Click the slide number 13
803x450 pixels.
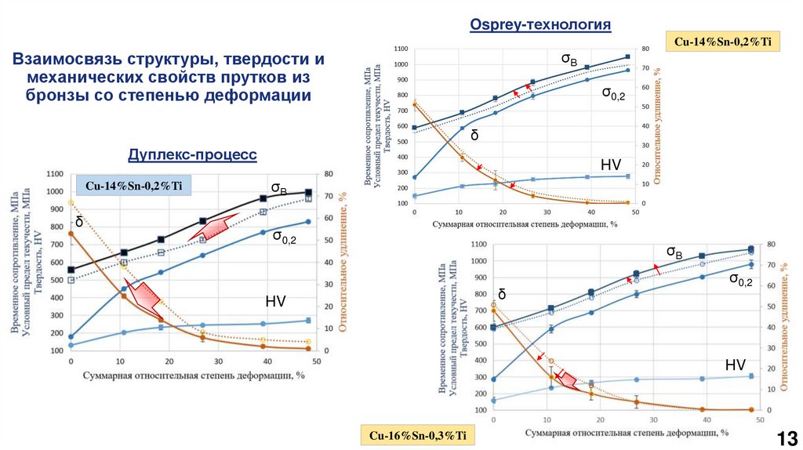click(x=786, y=437)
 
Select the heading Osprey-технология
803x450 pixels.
click(x=540, y=25)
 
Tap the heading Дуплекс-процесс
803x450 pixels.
click(x=192, y=154)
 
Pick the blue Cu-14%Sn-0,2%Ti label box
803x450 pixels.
click(x=133, y=186)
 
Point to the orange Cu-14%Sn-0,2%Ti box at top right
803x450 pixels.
click(x=722, y=42)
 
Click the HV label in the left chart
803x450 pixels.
click(x=275, y=301)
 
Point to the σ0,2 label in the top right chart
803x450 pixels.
click(x=613, y=93)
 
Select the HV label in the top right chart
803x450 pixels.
click(x=611, y=165)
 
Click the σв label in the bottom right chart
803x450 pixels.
click(x=674, y=252)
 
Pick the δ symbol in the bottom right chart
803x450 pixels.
click(x=502, y=295)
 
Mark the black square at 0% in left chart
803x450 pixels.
click(x=71, y=270)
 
